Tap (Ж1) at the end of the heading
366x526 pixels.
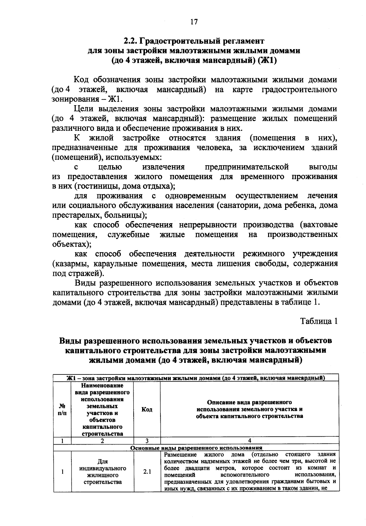tap(267, 60)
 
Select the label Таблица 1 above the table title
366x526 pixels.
tap(319, 321)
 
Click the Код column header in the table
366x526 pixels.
tap(147, 410)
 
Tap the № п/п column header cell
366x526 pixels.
tap(62, 410)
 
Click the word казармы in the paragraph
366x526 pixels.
tap(71, 263)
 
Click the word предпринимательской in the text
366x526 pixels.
tap(246, 167)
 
